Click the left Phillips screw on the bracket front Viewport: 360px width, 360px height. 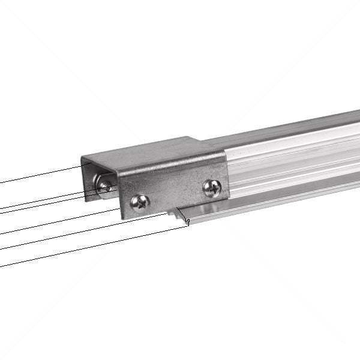pos(140,202)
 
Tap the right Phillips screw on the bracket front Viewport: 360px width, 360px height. pos(212,188)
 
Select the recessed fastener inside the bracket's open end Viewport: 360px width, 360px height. pos(106,187)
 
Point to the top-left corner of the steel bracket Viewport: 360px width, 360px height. pos(82,160)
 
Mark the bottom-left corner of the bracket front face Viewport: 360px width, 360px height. pos(122,218)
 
